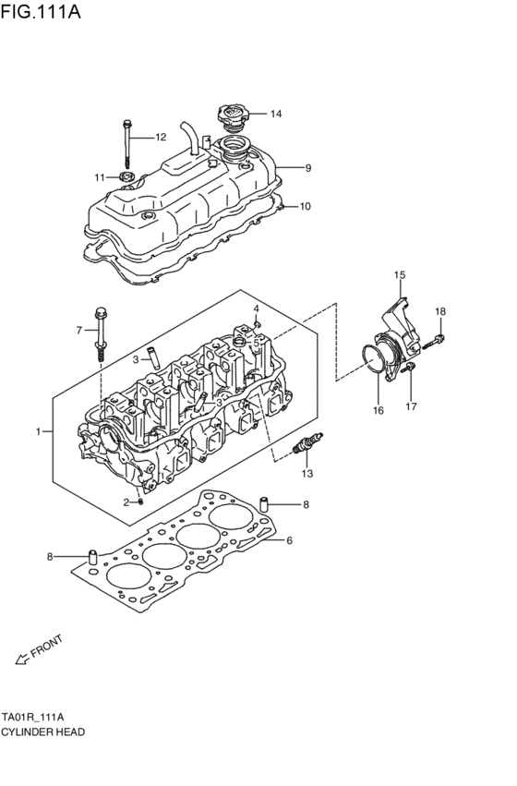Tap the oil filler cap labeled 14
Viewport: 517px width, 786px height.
(230, 117)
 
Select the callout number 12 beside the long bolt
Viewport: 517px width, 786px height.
(160, 138)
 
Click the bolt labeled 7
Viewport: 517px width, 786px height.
(100, 330)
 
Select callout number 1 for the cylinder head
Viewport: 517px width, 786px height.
(39, 431)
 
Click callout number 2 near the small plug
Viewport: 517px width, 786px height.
(126, 502)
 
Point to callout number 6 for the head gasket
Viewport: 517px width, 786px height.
(289, 540)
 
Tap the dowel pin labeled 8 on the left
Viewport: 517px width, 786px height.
(92, 557)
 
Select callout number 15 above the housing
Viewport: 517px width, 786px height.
(400, 275)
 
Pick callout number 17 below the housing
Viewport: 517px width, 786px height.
(412, 405)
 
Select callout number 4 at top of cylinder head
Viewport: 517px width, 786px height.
(257, 308)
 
